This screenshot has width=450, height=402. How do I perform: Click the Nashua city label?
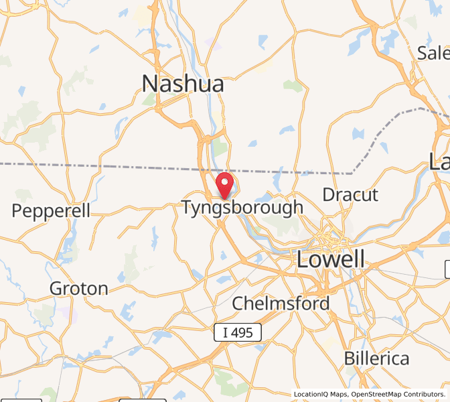click(x=183, y=84)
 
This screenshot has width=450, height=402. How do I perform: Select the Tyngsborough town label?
click(x=242, y=208)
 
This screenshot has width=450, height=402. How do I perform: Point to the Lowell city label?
click(x=331, y=259)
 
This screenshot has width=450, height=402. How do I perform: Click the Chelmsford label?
click(x=281, y=304)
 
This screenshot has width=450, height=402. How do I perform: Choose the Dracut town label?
click(x=350, y=195)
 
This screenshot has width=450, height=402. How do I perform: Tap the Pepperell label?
click(x=51, y=210)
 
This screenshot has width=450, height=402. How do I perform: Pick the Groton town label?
click(x=79, y=289)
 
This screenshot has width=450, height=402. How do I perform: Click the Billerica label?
click(x=376, y=358)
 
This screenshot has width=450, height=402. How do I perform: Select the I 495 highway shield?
click(x=238, y=332)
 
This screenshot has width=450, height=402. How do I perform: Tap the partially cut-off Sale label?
click(x=433, y=53)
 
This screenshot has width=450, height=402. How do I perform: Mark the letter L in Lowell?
click(x=301, y=259)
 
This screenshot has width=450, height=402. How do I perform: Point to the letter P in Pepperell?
click(x=17, y=210)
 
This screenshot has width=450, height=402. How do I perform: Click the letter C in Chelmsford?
click(x=238, y=304)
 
